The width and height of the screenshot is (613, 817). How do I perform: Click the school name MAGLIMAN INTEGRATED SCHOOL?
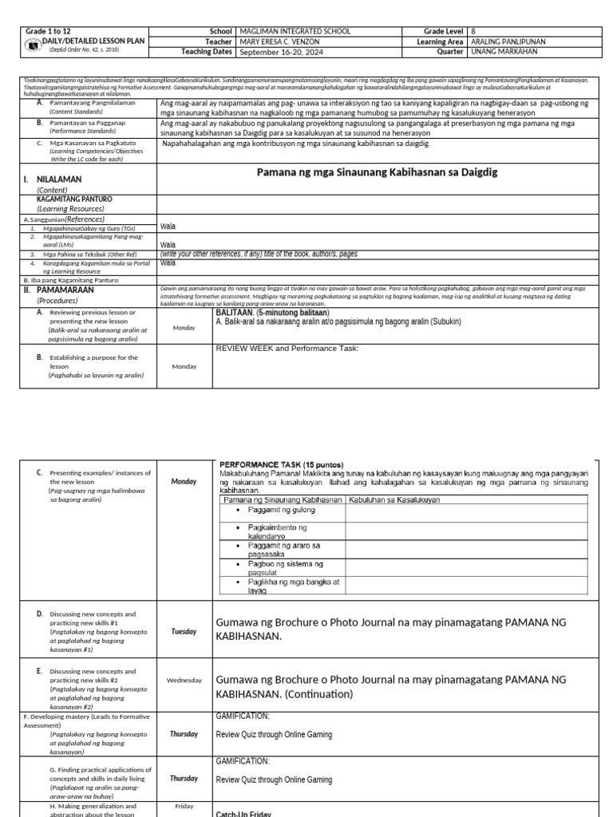tap(295, 31)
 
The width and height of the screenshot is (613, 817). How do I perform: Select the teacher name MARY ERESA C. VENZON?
tap(287, 41)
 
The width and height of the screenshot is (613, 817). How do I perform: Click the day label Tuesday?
tap(184, 631)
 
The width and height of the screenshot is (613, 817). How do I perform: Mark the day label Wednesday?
tap(184, 681)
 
